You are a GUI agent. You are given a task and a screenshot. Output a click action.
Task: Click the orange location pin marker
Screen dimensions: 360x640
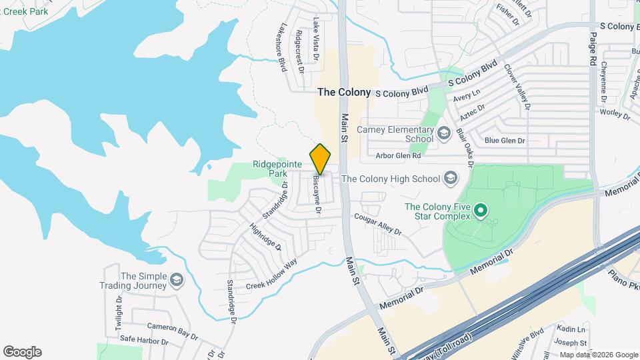point(321,159)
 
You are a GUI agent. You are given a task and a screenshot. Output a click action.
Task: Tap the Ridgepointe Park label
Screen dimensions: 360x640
point(269,169)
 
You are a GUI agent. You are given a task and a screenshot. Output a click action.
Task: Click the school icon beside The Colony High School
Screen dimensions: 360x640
point(451,178)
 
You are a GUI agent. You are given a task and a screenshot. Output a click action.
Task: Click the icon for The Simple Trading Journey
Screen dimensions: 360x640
point(176,280)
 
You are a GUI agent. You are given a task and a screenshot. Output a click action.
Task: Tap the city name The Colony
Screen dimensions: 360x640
point(344,92)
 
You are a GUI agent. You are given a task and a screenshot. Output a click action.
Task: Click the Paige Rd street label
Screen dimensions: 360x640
point(592,46)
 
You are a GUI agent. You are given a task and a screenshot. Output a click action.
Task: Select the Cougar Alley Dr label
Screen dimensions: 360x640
point(378,223)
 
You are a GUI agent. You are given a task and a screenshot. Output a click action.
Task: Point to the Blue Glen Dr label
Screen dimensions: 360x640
point(505,141)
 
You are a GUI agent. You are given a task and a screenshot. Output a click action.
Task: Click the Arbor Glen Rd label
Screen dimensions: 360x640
point(398,155)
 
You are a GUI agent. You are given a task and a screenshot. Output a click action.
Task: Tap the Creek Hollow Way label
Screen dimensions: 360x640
point(271,274)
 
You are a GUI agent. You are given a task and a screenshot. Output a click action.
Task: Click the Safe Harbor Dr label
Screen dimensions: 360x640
point(145,339)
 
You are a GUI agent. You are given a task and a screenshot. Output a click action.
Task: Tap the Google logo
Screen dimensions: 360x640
point(22,352)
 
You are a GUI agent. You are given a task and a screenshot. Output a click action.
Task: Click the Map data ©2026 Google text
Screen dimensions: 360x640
point(599,355)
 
